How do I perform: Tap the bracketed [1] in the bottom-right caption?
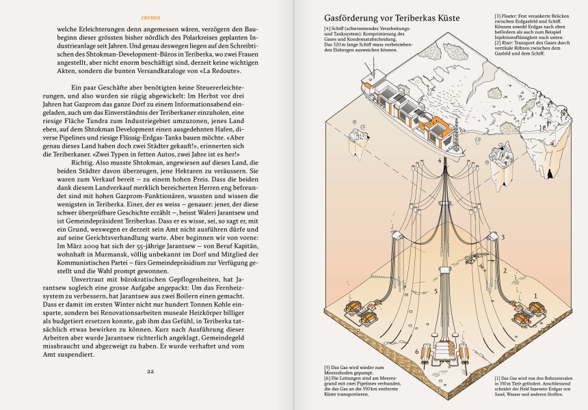pos(497,378)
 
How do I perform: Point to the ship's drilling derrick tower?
pos(453,130)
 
